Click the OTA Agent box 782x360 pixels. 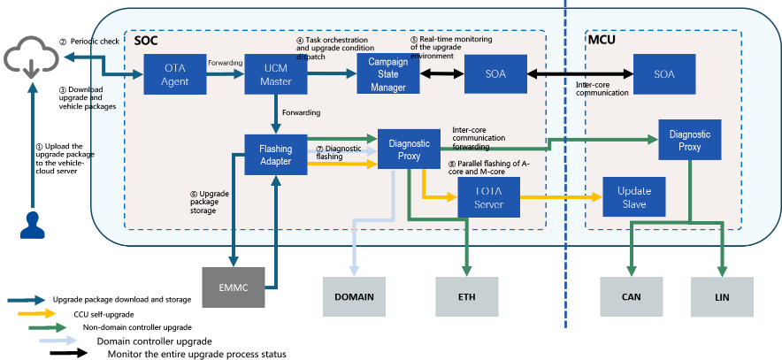click(x=175, y=74)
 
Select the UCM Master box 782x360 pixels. click(x=276, y=74)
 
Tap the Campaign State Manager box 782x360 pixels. click(x=388, y=74)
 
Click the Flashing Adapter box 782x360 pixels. click(x=276, y=155)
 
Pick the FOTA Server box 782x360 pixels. click(x=488, y=197)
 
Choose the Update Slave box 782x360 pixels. click(x=634, y=197)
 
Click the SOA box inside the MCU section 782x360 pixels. click(x=664, y=74)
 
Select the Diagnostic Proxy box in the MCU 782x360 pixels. click(x=690, y=140)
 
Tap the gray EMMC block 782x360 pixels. click(x=234, y=287)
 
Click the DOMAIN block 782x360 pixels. click(x=354, y=296)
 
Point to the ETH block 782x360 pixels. click(x=467, y=296)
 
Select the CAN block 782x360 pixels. click(x=632, y=296)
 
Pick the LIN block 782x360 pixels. click(x=722, y=296)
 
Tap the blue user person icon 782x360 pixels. click(x=33, y=225)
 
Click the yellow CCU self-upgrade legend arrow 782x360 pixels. click(x=36, y=314)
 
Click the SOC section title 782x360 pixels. click(x=146, y=41)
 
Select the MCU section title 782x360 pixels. click(x=601, y=40)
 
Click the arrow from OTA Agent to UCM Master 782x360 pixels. click(x=226, y=74)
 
